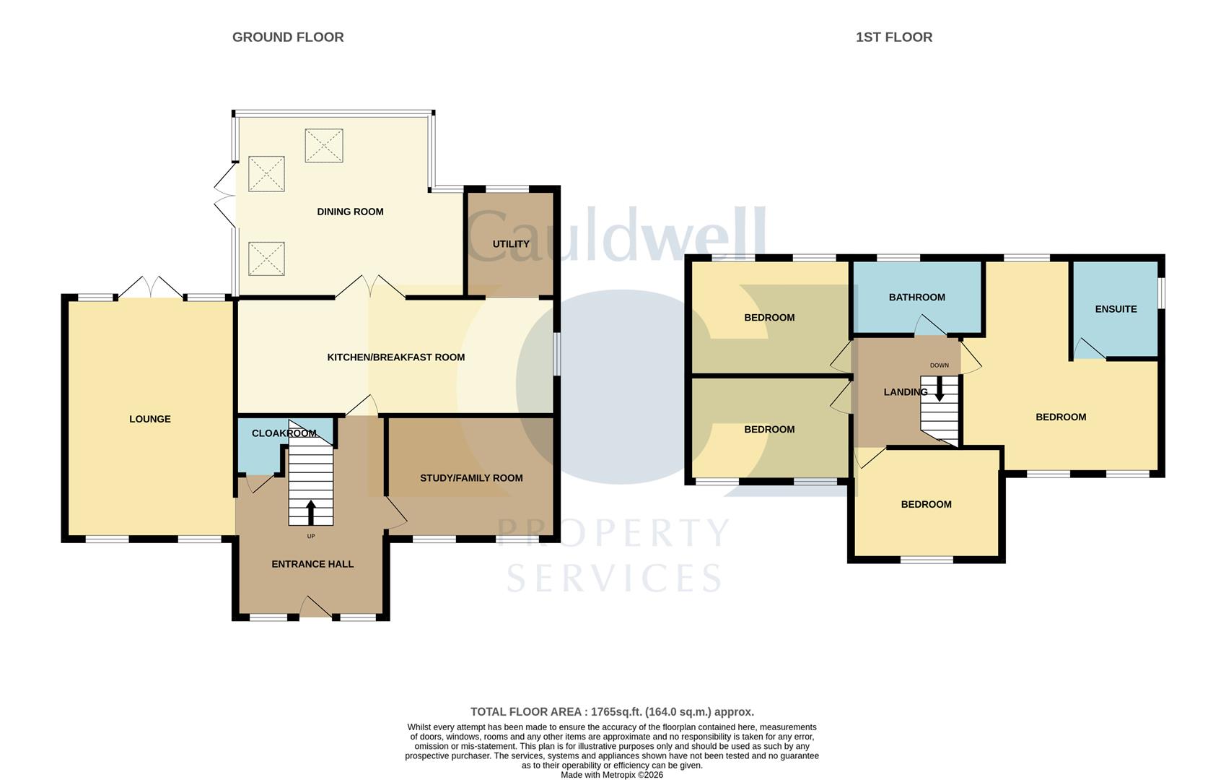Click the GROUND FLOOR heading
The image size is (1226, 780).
(287, 37)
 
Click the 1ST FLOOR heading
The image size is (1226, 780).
(893, 37)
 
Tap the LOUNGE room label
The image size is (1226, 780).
(150, 419)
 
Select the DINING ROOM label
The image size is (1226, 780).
(350, 212)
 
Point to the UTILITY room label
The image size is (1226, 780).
(511, 244)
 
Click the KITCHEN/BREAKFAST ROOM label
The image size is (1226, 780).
(395, 357)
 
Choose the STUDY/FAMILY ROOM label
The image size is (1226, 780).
(471, 478)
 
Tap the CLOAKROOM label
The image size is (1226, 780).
(284, 433)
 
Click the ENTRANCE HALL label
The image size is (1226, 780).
(312, 564)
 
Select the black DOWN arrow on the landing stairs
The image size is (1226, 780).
(939, 389)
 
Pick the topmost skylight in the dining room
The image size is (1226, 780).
(323, 145)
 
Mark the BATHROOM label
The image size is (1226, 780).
(916, 298)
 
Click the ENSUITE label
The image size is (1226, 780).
(1116, 309)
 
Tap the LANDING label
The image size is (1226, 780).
(905, 392)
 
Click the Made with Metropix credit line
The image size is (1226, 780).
(611, 775)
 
